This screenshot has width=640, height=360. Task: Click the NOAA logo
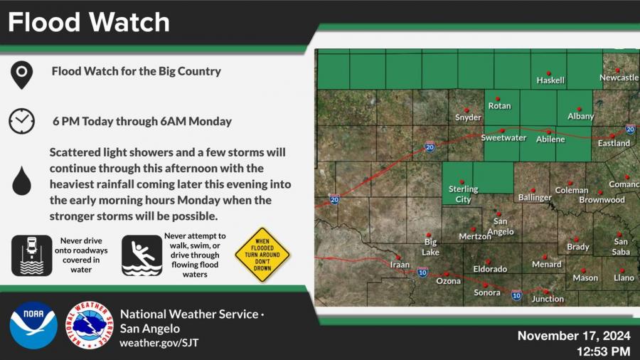click(x=33, y=325)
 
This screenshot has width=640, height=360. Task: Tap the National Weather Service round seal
click(x=90, y=325)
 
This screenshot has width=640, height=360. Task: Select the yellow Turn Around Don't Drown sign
click(x=262, y=255)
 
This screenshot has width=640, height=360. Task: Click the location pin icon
click(x=21, y=75)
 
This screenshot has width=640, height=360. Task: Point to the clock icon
click(x=21, y=121)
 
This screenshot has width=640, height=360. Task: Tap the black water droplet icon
click(x=21, y=181)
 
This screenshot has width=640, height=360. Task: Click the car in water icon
click(x=32, y=255)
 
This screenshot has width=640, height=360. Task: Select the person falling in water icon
click(x=142, y=255)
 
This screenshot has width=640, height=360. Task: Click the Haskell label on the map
click(x=550, y=80)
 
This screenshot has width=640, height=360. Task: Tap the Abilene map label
click(x=550, y=139)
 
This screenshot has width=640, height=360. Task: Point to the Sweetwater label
click(x=503, y=138)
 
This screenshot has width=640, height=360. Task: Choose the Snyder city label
click(x=468, y=117)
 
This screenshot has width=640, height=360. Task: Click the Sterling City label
click(x=463, y=194)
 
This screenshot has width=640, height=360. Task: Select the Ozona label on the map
click(x=448, y=281)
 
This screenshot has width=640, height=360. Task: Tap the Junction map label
click(x=548, y=299)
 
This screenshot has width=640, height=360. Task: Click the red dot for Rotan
click(x=498, y=99)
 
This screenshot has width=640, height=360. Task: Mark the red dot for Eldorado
click(x=488, y=262)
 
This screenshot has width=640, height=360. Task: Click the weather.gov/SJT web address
click(x=159, y=342)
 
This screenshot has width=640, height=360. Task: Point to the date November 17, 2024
click(x=574, y=336)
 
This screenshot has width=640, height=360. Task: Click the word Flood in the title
click(x=43, y=22)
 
